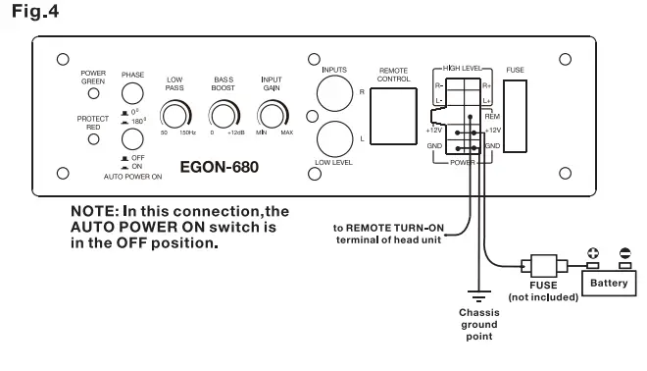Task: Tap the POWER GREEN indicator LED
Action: pos(94,94)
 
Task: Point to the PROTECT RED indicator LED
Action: pos(94,138)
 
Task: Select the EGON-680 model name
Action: pos(221,167)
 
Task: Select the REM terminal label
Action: pos(492,116)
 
